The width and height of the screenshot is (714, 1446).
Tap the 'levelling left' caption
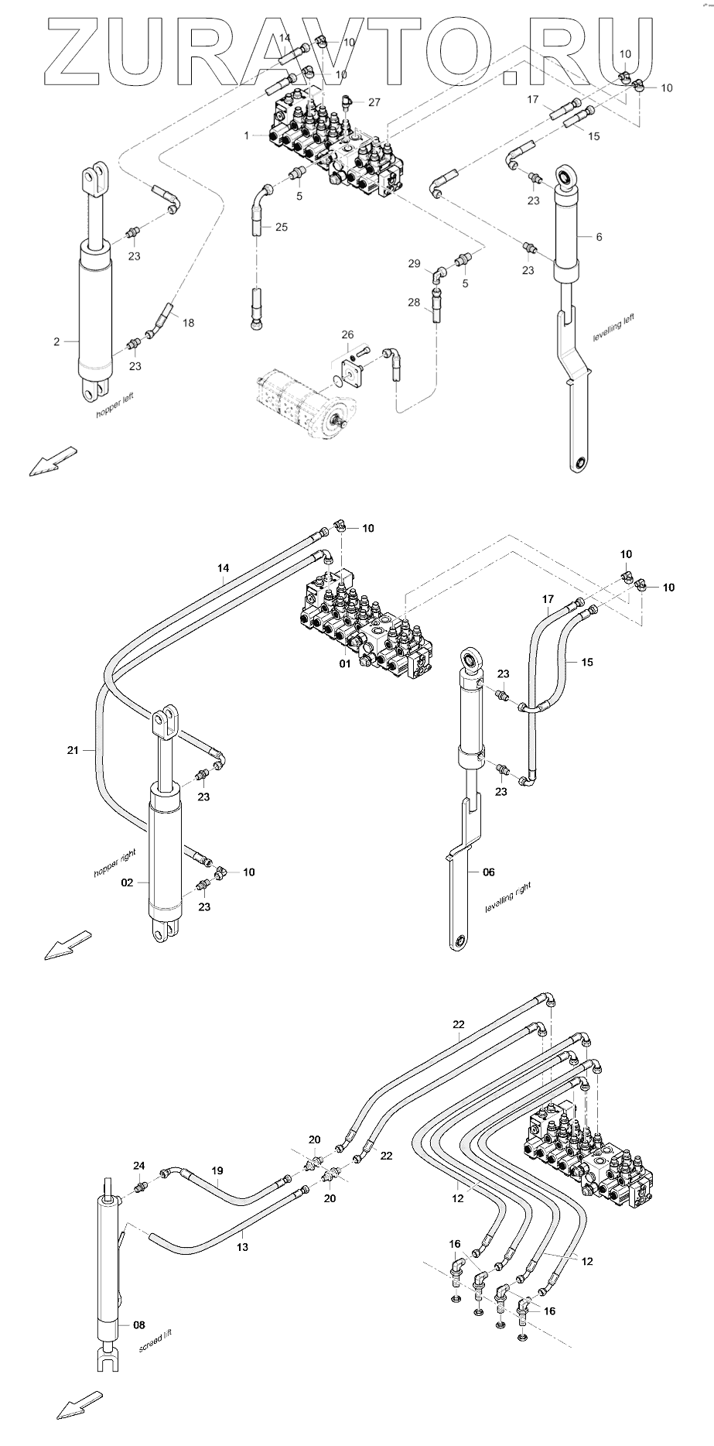pos(613,327)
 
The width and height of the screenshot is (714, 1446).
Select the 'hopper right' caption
pos(115,862)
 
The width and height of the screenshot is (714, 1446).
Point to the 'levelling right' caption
pos(508,897)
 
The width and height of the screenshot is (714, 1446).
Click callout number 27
pos(374,103)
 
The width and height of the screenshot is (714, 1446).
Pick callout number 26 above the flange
pos(348,335)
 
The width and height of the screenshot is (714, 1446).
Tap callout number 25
pos(281,227)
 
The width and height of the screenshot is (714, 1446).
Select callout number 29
pos(415,265)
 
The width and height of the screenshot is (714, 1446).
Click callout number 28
pos(415,301)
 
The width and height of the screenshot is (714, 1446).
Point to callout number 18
pos(188,323)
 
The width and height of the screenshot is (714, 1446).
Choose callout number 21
pos(73,749)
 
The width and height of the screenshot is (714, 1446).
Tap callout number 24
pos(139,1166)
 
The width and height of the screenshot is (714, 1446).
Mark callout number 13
pos(242,1247)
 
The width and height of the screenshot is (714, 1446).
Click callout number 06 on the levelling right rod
pos(489,872)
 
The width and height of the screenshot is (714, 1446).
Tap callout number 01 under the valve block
pos(345,663)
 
